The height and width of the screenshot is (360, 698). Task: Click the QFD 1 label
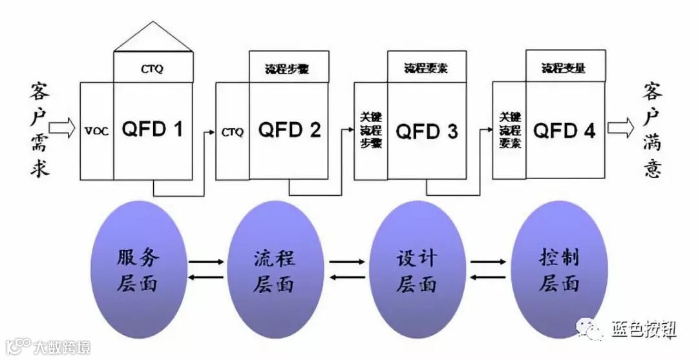coord(153,130)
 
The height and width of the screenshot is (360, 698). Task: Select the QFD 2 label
coord(290,130)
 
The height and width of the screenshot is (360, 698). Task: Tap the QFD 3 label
coord(427,131)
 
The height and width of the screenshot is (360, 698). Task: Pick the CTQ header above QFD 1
coord(153,67)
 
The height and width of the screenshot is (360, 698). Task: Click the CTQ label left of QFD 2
coord(233,132)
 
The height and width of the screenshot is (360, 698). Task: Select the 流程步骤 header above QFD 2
coord(289,68)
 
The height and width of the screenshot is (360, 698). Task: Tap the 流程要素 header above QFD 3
coord(427,67)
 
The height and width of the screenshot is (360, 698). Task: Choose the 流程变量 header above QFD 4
coord(564,67)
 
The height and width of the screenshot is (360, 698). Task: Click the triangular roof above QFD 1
coord(153,39)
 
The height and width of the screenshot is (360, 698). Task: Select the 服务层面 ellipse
coord(137,270)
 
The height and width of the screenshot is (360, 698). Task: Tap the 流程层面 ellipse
coord(275,270)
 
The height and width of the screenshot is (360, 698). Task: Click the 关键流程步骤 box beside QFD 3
coord(371,131)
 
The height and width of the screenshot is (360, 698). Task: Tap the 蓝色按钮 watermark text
coord(644,330)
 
